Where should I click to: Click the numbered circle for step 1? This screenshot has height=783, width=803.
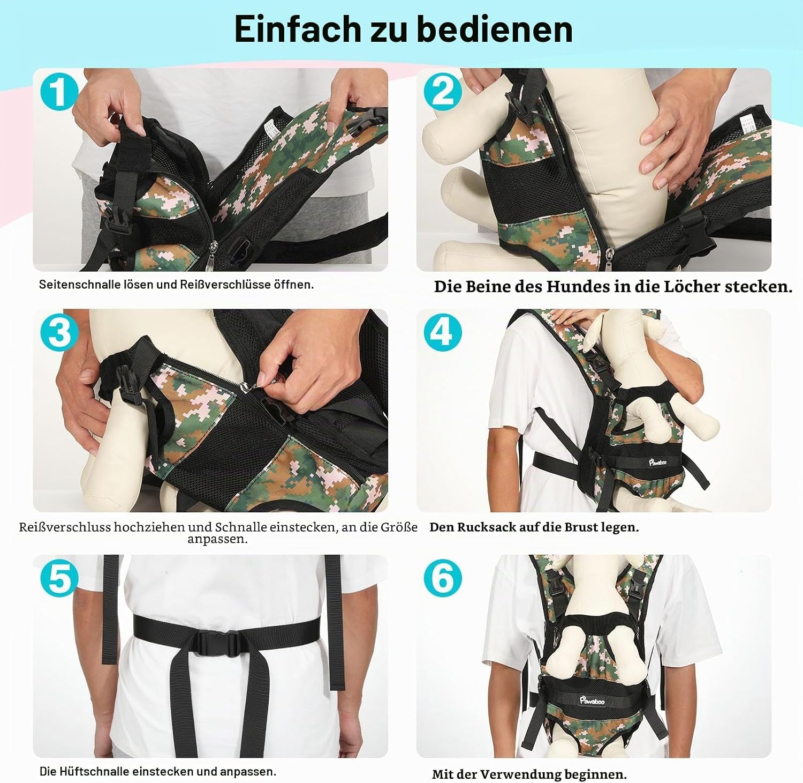coord(59,92)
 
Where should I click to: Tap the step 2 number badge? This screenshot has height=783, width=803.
coord(443,92)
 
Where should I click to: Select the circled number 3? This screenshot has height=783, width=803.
coord(59,332)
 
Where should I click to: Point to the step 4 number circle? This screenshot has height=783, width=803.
coord(443,332)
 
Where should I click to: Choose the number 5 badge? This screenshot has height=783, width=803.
coord(59,578)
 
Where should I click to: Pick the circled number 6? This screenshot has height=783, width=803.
coord(443,578)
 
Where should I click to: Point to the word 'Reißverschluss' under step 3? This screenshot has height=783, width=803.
coord(65,527)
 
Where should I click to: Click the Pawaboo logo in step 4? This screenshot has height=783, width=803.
coord(656,460)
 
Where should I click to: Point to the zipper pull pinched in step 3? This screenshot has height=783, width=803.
coord(267,379)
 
